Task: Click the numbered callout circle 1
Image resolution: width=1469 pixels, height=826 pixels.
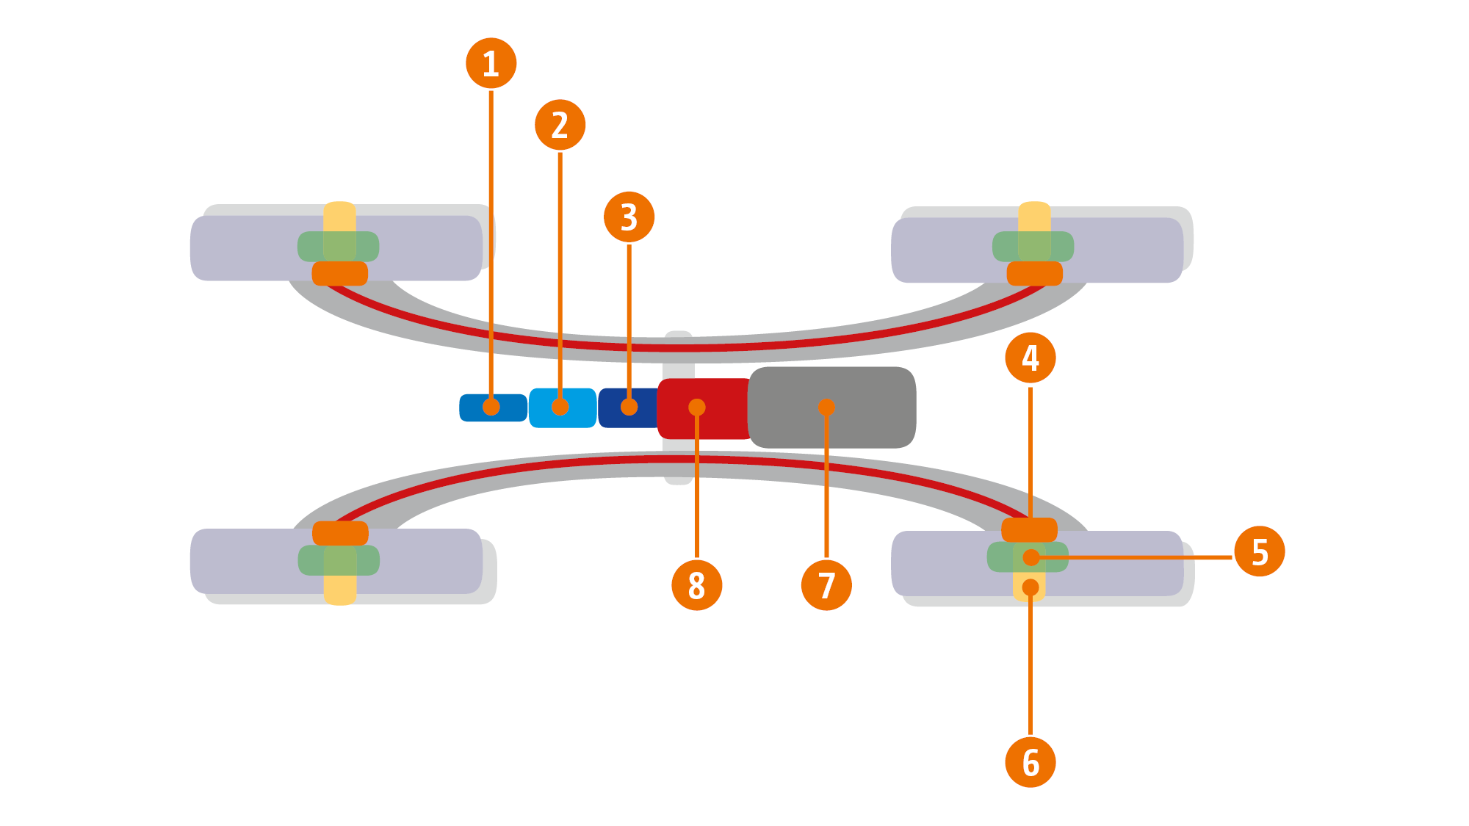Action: coord(491,63)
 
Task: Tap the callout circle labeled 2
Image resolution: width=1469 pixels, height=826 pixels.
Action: coord(560,125)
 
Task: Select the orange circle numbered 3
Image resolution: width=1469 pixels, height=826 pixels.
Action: coord(629,217)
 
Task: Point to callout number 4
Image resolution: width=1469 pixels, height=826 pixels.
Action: coord(1030,358)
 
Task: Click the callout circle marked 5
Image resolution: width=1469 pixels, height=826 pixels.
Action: coord(1259,551)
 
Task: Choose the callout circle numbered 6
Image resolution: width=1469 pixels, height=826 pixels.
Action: coord(1030,762)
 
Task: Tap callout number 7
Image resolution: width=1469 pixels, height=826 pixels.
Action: coord(826,585)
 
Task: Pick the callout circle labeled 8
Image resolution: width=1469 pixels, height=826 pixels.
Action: coord(696,585)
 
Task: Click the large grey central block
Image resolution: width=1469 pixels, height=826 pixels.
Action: coord(867,407)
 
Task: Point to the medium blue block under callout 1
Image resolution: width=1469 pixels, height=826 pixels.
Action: coord(510,408)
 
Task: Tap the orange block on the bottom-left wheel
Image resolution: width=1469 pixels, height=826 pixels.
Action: coord(340,533)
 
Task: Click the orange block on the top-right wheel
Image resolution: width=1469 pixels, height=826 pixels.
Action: coord(1034,274)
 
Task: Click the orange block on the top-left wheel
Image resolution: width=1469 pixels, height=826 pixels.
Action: coord(339,274)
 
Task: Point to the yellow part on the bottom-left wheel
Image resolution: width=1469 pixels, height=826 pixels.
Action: coord(340,590)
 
